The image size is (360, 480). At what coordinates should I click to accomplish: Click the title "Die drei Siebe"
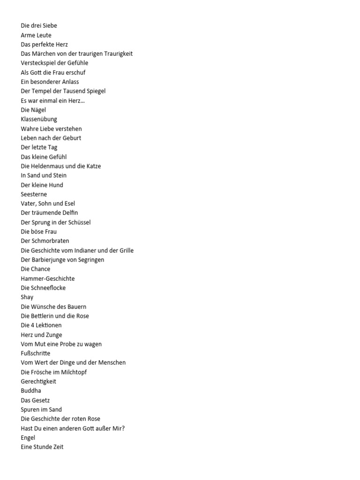(39, 26)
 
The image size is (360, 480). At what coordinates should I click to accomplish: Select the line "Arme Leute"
(36, 35)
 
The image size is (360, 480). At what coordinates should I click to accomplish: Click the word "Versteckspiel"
(39, 63)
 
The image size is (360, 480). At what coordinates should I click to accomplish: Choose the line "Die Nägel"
(33, 110)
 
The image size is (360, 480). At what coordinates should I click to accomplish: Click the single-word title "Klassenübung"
(39, 120)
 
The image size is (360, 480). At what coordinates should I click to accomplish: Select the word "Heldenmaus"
(48, 166)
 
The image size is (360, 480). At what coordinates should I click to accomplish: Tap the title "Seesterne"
(34, 194)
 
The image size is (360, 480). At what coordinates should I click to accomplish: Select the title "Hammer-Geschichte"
(48, 278)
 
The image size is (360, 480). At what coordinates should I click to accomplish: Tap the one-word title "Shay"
(27, 297)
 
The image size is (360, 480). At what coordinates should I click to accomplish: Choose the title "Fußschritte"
(36, 353)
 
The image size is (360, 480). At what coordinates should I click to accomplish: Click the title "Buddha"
(31, 391)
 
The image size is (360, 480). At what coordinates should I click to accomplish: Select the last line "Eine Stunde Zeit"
(42, 447)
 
